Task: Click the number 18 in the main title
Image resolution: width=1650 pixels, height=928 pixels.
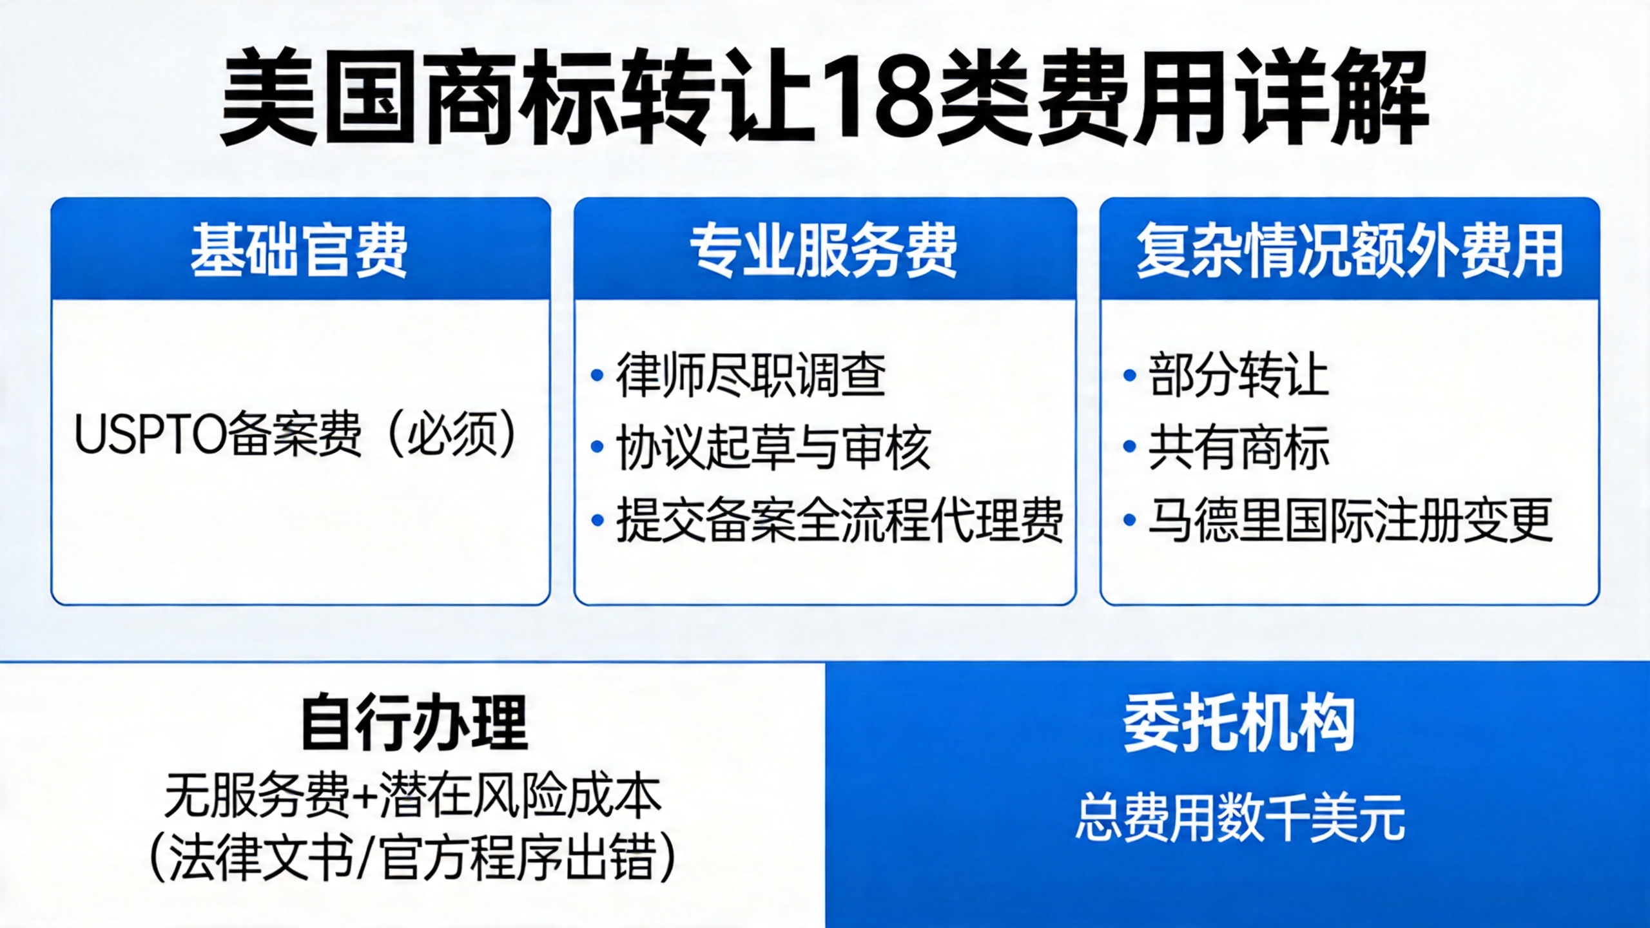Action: click(882, 99)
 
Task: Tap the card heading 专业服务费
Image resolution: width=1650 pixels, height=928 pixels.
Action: click(824, 250)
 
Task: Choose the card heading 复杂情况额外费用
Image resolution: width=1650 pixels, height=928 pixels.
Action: click(1350, 250)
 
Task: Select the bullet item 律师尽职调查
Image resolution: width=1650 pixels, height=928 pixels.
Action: click(751, 375)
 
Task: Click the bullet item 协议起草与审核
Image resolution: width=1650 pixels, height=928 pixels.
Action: click(773, 447)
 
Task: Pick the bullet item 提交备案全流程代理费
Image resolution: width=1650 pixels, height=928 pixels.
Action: click(840, 519)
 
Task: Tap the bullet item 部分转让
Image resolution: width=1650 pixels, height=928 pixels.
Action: click(1238, 375)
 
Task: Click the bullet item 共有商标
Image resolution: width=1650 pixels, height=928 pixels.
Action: click(1239, 447)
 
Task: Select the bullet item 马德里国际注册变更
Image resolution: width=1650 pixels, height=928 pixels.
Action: click(1350, 519)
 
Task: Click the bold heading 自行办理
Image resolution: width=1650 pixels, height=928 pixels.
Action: click(414, 722)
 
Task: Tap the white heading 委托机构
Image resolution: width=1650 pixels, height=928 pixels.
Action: click(1239, 722)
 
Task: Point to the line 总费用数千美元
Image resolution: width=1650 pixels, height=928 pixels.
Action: click(1239, 817)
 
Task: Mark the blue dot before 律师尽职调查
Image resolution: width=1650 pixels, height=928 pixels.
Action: click(597, 375)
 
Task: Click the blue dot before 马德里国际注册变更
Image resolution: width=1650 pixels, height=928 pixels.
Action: click(1129, 519)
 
